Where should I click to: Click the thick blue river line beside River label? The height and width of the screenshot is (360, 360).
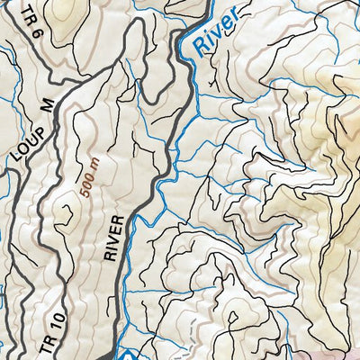pos(193,45)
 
